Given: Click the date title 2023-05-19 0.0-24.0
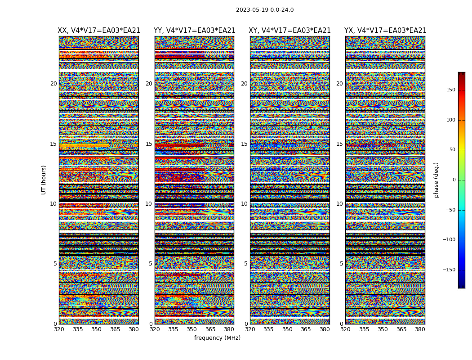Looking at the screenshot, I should pyautogui.click(x=265, y=10).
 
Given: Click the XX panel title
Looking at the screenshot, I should pyautogui.click(x=99, y=31).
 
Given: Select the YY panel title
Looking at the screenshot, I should pyautogui.click(x=194, y=31).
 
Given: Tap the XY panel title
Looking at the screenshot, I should pyautogui.click(x=289, y=31).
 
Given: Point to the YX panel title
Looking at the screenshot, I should pyautogui.click(x=385, y=31).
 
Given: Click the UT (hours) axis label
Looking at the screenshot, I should pyautogui.click(x=44, y=180).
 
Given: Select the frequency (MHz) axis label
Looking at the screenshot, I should pyautogui.click(x=217, y=338).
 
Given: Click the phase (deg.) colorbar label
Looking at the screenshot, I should pyautogui.click(x=436, y=180).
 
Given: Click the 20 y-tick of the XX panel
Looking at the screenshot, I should pyautogui.click(x=53, y=84).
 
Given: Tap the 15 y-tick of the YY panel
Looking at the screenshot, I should pyautogui.click(x=149, y=144).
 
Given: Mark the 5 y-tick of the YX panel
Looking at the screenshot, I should pyautogui.click(x=341, y=264).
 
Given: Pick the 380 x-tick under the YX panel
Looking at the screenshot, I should pyautogui.click(x=420, y=329).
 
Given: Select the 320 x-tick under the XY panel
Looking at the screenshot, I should pyautogui.click(x=250, y=329).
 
